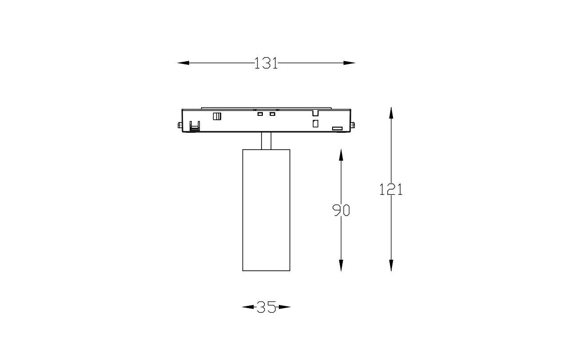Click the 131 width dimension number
[266, 63]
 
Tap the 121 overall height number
[391, 190]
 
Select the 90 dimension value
[341, 210]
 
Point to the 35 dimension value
[266, 307]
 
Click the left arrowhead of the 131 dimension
[183, 63]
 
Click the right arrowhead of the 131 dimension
[349, 63]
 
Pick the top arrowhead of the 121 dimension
[391, 113]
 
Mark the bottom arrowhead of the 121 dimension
[391, 265]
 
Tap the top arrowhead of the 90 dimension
[341, 155]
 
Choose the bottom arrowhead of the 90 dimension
[341, 265]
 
